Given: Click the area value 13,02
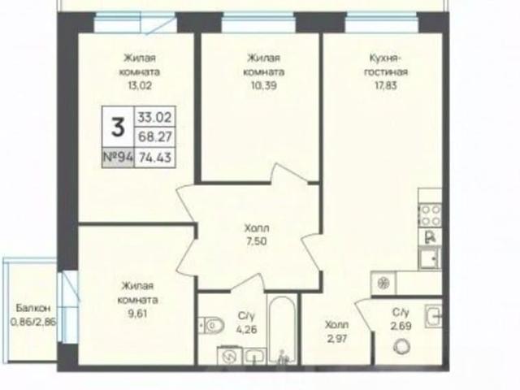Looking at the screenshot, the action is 140,85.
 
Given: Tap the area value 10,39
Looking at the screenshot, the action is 263,85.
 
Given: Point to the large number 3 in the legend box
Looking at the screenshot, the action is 118,128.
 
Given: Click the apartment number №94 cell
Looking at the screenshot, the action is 119,157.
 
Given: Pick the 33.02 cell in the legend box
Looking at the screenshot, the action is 155,117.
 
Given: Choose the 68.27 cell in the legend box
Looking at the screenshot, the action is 155,136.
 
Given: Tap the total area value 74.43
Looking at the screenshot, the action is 155,157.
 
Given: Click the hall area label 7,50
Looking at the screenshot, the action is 257,241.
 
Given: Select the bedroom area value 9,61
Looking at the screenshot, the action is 137,314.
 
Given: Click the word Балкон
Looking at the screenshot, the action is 33,308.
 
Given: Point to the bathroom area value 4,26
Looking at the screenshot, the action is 247,330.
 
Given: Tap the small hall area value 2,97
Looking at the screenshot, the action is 336,339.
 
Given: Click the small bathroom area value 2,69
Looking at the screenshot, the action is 401,326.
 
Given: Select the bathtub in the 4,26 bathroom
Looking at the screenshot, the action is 282,330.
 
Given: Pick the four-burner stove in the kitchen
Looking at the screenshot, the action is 430,215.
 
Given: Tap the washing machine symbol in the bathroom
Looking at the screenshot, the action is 230,356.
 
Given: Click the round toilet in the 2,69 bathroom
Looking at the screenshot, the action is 402,347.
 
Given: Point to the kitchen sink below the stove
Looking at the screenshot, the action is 430,258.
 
